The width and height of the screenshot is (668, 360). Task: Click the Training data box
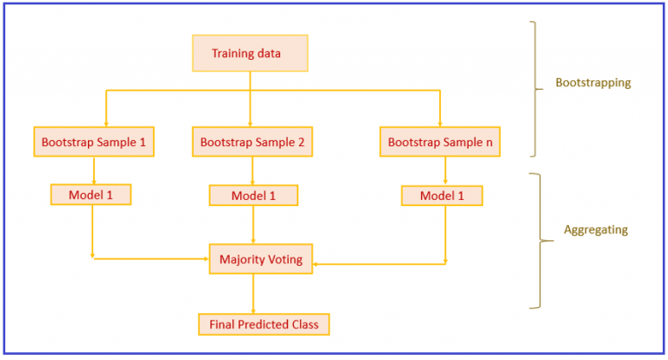[250, 53]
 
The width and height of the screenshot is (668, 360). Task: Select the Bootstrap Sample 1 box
[93, 141]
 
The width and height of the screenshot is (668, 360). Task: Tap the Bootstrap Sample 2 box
[252, 141]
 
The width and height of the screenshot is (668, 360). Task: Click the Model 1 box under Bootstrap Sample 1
[91, 195]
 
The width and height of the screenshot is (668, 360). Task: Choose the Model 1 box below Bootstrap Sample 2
[253, 196]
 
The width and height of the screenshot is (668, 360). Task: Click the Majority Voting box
[261, 259]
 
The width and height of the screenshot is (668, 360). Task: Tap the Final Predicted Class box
[264, 324]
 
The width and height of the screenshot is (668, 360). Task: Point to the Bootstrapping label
[592, 83]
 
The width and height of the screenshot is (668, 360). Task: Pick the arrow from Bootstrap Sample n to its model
[445, 171]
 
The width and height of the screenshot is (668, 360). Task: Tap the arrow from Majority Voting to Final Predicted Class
[253, 294]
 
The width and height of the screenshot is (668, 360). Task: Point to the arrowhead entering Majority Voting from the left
[205, 258]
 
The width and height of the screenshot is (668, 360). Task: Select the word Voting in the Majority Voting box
[284, 259]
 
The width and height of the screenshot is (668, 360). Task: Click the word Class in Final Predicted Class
[304, 324]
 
